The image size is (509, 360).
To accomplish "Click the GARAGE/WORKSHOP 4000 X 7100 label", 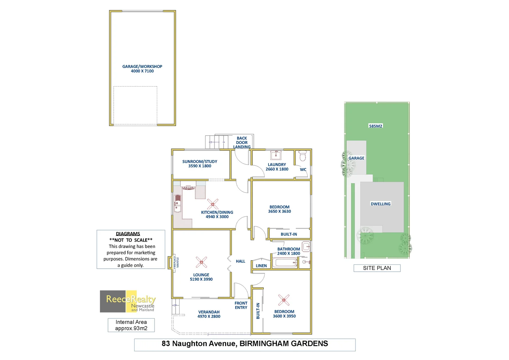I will click(x=142, y=69).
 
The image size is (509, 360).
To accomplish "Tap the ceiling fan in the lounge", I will click(x=201, y=262).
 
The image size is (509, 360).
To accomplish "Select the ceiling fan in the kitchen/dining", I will click(x=213, y=204).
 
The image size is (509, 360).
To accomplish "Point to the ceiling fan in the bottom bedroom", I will click(x=284, y=300).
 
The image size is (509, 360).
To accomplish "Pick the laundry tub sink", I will click(x=276, y=155).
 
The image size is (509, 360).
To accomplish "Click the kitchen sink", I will click(x=178, y=203).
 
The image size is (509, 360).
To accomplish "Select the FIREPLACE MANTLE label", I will click(x=176, y=262).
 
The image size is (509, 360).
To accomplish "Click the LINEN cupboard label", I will click(x=261, y=266).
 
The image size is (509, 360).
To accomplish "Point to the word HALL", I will click(x=241, y=261).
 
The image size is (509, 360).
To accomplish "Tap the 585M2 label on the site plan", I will click(x=375, y=126).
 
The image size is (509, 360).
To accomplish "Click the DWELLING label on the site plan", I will click(x=380, y=204).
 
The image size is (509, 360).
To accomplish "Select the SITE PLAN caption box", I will click(x=377, y=268).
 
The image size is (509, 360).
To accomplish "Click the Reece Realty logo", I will click(x=128, y=301).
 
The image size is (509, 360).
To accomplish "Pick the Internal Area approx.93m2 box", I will click(x=131, y=325).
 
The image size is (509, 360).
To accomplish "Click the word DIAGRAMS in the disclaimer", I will click(x=128, y=234).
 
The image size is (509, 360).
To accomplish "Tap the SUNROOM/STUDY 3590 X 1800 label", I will click(x=200, y=164).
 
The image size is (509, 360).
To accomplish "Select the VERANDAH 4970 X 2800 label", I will click(x=209, y=314).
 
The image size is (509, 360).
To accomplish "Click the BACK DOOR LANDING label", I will click(x=242, y=142).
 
